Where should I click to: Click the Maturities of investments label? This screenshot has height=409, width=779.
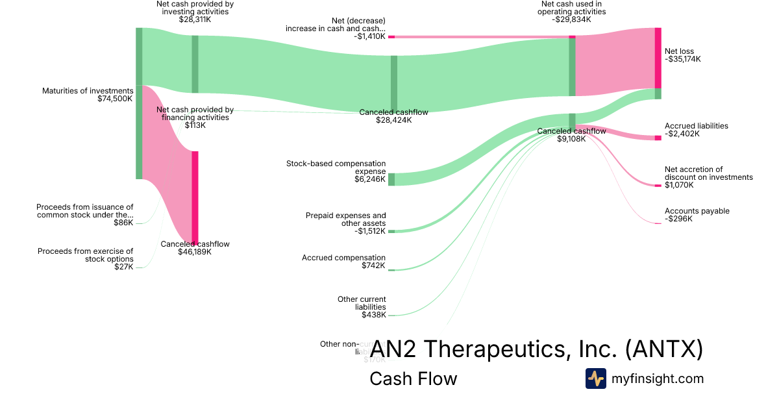(88, 91)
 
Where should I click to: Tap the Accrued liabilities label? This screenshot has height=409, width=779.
(696, 126)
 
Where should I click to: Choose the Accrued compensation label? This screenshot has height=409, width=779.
(343, 258)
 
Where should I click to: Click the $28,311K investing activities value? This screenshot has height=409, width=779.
(195, 19)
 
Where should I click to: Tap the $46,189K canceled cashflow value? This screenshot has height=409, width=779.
(195, 252)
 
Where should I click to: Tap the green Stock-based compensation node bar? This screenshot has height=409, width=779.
(391, 179)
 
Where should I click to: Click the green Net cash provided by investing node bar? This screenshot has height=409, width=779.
(195, 64)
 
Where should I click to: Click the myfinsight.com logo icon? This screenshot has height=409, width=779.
(595, 378)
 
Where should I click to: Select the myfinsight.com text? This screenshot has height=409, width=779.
(657, 378)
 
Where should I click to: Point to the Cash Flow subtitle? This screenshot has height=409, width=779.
(413, 378)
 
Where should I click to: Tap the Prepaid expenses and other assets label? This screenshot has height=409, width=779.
(345, 219)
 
